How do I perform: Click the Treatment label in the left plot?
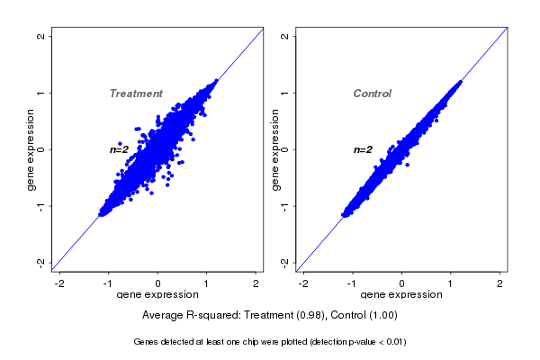[136, 94]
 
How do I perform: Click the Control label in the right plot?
[373, 94]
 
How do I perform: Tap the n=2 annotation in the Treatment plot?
[120, 149]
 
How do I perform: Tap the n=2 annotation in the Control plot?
[363, 149]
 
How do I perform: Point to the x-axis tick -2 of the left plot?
[60, 283]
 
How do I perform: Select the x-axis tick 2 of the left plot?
[256, 283]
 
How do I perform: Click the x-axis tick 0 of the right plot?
[402, 283]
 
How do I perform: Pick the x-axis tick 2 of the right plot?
[500, 283]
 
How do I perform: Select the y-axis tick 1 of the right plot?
[285, 93]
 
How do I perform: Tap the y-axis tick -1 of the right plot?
[285, 205]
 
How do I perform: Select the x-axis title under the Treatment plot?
[158, 295]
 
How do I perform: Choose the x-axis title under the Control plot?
[402, 295]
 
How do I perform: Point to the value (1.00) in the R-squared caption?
[382, 316]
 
